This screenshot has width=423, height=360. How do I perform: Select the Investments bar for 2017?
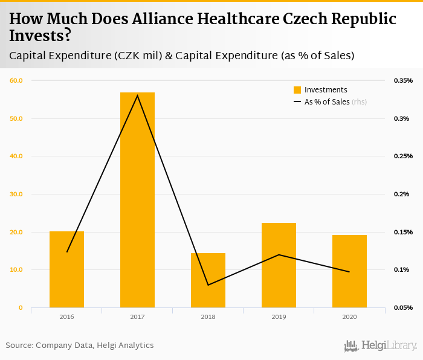coord(137,199)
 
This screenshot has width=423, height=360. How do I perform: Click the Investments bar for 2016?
coord(66,269)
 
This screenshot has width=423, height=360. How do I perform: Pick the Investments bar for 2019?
coord(279,265)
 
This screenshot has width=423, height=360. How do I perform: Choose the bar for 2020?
coord(349,271)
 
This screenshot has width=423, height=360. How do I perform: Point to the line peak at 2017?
coord(137,95)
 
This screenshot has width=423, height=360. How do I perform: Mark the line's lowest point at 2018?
coord(208,285)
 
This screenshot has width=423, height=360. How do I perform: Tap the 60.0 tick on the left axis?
coord(16,80)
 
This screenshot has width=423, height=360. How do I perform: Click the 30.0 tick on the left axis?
coord(16,194)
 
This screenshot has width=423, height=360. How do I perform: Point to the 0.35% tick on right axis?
coord(404,80)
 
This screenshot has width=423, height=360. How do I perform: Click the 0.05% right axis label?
coord(404,308)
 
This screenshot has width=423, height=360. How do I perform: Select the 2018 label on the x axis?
coord(208,317)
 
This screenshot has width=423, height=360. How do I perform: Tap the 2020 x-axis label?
coord(349,317)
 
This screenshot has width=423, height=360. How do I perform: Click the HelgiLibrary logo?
coord(381,346)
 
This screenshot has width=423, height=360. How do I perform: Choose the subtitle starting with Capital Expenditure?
coord(181,56)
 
